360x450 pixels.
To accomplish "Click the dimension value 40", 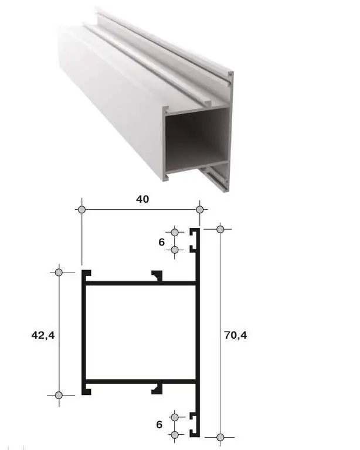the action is pyautogui.click(x=142, y=199).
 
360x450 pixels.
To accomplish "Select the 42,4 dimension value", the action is pyautogui.click(x=43, y=335).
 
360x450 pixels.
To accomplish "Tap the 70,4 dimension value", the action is pyautogui.click(x=235, y=335).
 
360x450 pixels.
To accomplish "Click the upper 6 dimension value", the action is pyautogui.click(x=162, y=242).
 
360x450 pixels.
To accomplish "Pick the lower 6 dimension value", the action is pyautogui.click(x=159, y=424).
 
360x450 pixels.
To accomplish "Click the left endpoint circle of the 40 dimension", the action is pyautogui.click(x=82, y=210).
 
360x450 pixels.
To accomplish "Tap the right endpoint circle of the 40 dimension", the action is pyautogui.click(x=200, y=210).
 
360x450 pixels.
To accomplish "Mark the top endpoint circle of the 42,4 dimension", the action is pyautogui.click(x=59, y=272).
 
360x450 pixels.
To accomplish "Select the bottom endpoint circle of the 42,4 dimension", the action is pyautogui.click(x=59, y=395).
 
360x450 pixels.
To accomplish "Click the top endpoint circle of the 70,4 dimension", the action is pyautogui.click(x=220, y=229).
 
